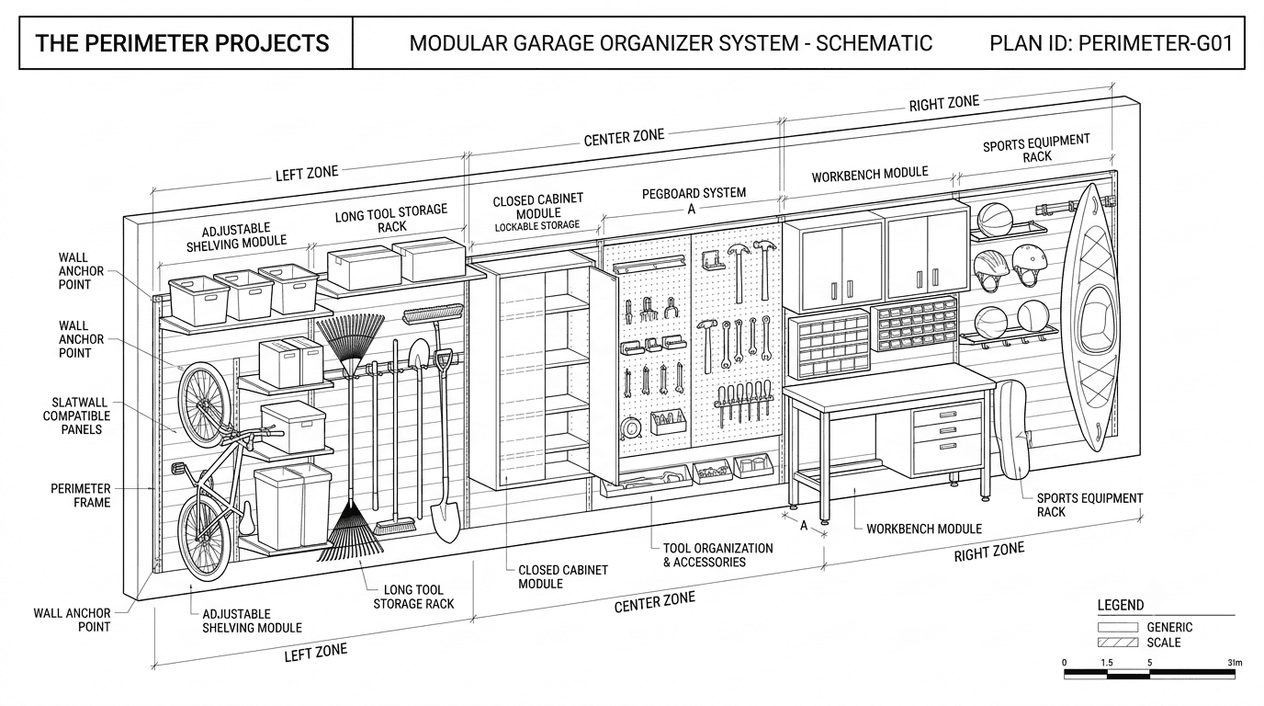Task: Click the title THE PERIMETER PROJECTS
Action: (x=182, y=43)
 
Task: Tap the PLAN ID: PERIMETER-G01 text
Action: (x=1112, y=43)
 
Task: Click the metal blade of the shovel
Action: (x=446, y=519)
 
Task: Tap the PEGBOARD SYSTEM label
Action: (x=694, y=193)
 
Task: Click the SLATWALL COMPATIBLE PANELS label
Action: (x=77, y=416)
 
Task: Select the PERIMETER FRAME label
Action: (x=81, y=495)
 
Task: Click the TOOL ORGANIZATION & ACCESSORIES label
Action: (x=717, y=554)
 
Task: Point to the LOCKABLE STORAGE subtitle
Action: (x=537, y=225)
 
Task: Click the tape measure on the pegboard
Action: (x=630, y=427)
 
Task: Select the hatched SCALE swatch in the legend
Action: (x=1118, y=643)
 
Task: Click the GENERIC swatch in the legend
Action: (x=1118, y=627)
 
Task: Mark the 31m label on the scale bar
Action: (x=1235, y=663)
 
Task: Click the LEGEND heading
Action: (x=1121, y=606)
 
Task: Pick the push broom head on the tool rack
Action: (x=434, y=314)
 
